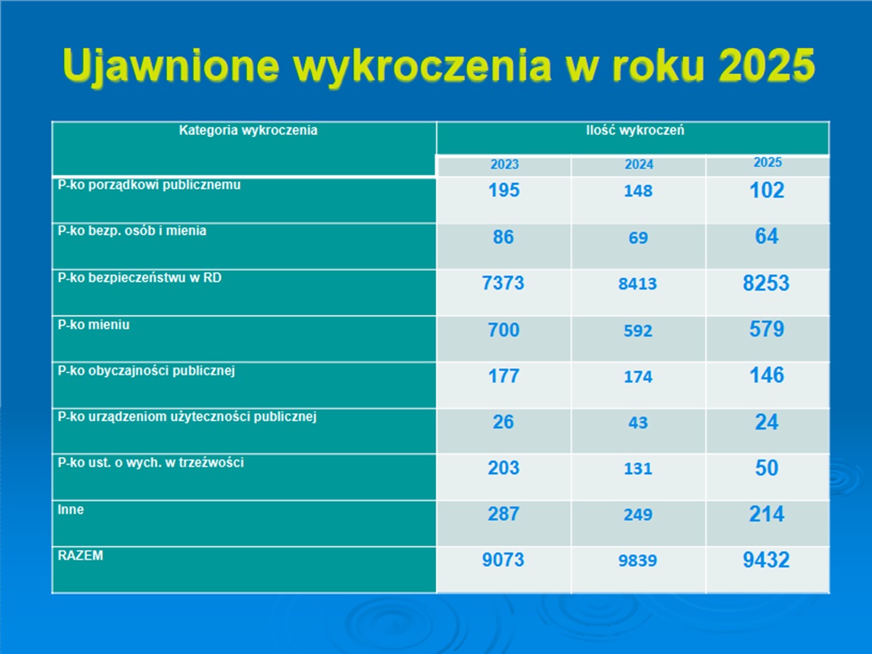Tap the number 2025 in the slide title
point(767,65)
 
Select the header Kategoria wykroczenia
point(249,130)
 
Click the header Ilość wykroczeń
point(635,130)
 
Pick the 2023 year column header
point(504,164)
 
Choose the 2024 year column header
point(639,164)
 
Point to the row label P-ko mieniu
point(94,324)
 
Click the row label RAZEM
point(80,555)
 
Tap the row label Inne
point(70,509)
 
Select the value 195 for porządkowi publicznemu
point(504,190)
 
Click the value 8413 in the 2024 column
point(637,284)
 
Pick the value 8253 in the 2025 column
point(767,283)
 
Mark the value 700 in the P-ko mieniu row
point(504,330)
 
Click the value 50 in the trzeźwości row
point(767,468)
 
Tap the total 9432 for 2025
point(767,560)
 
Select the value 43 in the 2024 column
point(638,422)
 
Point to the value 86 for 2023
point(504,237)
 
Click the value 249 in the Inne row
point(638,515)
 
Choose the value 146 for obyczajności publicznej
point(767,375)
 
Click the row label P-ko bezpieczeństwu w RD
point(140,278)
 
